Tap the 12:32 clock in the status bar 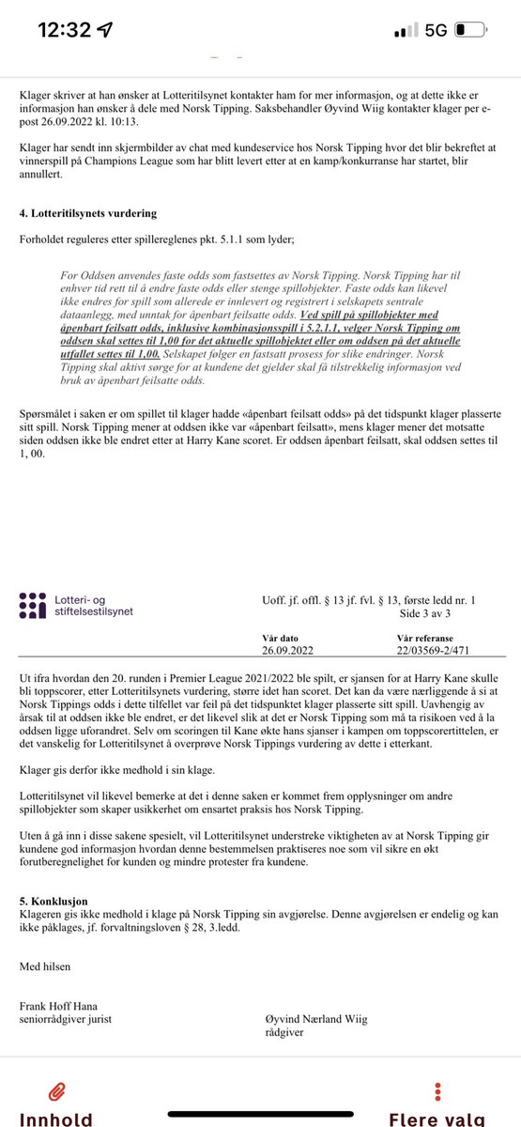(65, 29)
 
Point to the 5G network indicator (435, 29)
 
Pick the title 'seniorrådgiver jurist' (66, 1021)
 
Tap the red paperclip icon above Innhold (58, 1090)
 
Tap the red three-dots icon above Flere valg (438, 1090)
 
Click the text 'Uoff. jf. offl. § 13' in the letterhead (301, 598)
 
